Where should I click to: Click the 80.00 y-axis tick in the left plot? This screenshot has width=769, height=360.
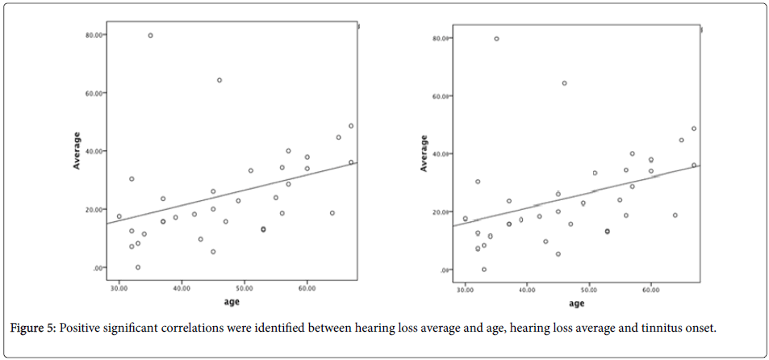(x=93, y=35)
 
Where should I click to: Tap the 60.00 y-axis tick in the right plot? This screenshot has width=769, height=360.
(x=441, y=96)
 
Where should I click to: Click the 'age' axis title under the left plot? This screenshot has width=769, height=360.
(x=232, y=303)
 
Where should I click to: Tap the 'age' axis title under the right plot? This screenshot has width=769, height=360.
(x=576, y=304)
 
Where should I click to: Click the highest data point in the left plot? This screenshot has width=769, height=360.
(x=150, y=36)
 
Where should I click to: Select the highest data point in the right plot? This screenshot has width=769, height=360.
(x=496, y=39)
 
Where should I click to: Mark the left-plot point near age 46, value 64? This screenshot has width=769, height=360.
(x=219, y=80)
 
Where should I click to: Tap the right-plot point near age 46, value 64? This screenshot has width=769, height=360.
(x=564, y=83)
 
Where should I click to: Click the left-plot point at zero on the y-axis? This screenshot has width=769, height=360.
(x=138, y=267)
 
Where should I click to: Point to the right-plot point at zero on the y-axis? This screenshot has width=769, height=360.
(x=484, y=270)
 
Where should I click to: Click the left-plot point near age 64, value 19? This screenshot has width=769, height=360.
(x=332, y=213)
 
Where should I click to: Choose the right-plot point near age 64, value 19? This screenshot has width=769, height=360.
(x=675, y=216)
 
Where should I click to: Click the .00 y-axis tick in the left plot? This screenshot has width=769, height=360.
(x=97, y=268)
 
